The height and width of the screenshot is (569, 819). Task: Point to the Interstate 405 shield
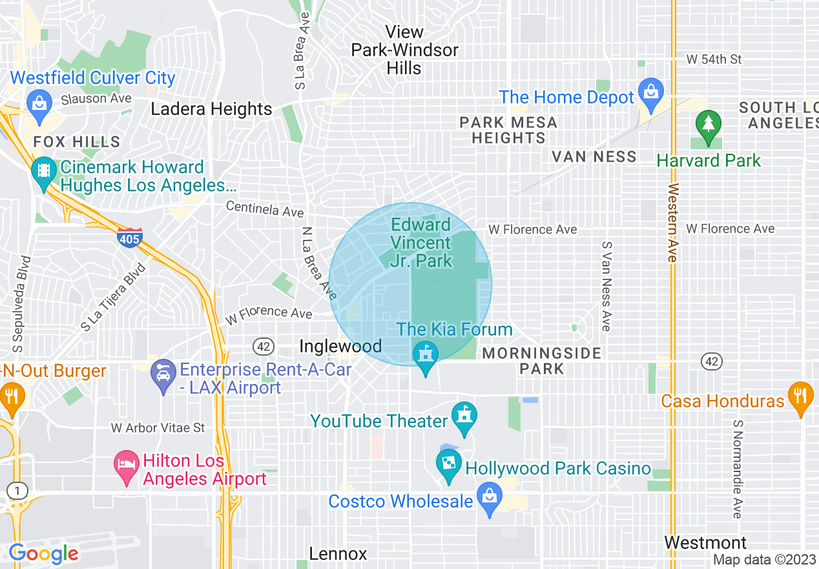point(130,238)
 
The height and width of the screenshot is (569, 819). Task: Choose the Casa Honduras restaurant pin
point(801,396)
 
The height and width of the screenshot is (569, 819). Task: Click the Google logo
point(43,553)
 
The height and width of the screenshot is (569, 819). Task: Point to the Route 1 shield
point(17,491)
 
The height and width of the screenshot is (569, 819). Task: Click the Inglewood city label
point(340,347)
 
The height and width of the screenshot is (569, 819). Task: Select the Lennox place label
point(338,554)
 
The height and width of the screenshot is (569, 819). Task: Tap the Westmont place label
point(705,542)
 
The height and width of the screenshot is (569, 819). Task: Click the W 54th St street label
point(714,59)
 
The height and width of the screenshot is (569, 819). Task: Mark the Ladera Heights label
point(211,109)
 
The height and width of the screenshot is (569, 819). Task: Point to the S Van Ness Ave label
point(606,286)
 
